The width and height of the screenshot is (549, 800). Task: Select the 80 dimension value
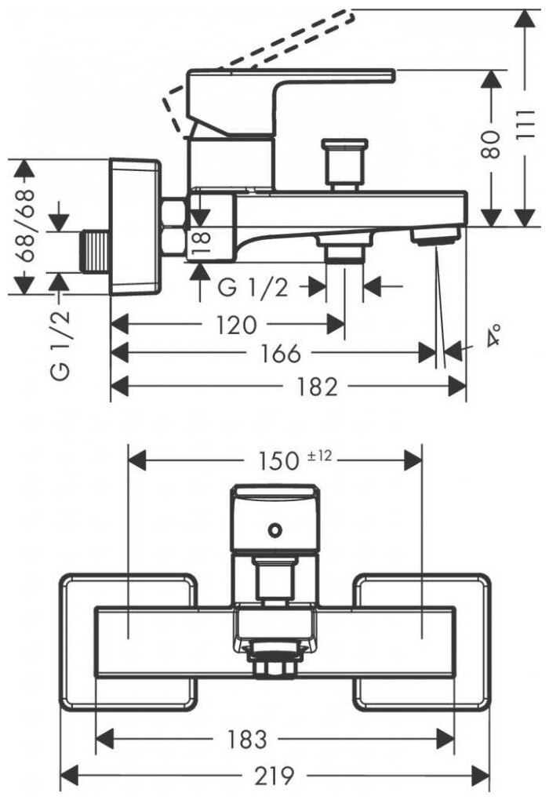492,145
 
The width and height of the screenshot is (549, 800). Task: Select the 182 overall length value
318,386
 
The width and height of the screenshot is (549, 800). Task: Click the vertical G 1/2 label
63,344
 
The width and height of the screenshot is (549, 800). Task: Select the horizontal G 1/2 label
253,287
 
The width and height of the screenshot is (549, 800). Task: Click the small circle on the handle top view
274,529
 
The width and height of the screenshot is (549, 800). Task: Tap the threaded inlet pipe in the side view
96,251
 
